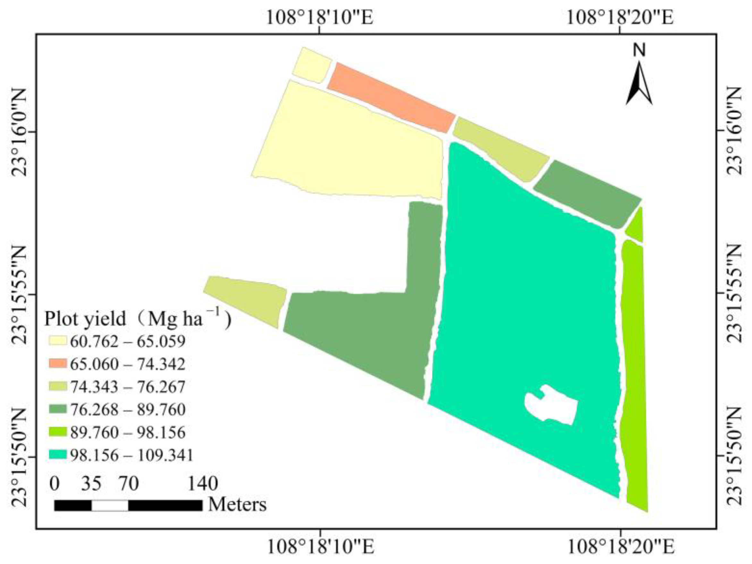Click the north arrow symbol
[639, 83]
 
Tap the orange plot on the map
[391, 97]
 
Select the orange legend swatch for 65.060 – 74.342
[58, 364]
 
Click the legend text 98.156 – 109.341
[131, 455]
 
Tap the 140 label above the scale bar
[203, 483]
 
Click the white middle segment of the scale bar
[110, 506]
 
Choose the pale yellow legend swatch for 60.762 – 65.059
[58, 341]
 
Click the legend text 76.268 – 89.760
[128, 410]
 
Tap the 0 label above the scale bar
[55, 483]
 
